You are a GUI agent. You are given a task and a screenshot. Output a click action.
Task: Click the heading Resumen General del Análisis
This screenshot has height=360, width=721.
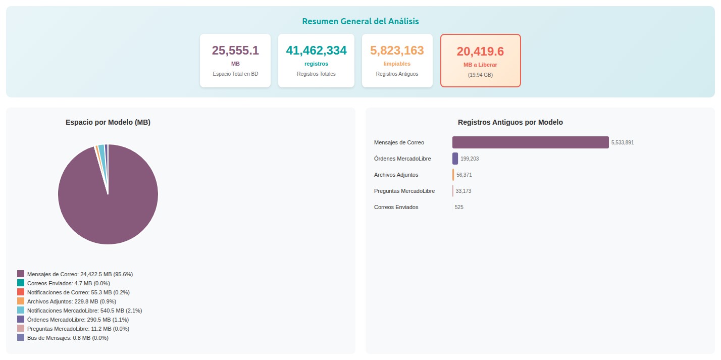(360, 21)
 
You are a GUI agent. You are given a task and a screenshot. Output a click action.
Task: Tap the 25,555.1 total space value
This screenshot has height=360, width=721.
(235, 50)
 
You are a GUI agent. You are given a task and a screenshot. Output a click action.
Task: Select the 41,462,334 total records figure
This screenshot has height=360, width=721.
(316, 50)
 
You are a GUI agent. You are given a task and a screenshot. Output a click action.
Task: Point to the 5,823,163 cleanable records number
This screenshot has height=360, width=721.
(397, 50)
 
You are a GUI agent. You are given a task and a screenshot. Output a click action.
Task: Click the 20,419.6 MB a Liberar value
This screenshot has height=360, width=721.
(480, 51)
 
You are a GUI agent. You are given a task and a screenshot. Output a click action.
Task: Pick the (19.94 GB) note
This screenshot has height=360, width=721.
(480, 75)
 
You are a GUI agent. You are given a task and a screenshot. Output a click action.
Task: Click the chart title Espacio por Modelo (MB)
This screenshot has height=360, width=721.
(108, 122)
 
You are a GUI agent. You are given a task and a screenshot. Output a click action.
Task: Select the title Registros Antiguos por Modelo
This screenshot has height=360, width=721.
(510, 122)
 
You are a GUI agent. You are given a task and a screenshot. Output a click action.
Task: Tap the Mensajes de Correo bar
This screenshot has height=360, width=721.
(531, 142)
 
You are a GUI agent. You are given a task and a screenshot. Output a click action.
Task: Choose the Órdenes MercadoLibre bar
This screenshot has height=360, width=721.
(455, 159)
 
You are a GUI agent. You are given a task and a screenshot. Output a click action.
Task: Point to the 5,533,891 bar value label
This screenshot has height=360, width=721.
(623, 142)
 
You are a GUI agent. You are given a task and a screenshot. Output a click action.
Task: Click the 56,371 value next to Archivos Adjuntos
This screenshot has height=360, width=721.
(464, 175)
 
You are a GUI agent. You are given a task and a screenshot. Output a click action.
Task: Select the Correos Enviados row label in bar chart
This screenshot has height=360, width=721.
(396, 207)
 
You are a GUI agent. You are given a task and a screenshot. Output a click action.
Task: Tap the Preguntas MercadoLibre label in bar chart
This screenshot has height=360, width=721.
(404, 191)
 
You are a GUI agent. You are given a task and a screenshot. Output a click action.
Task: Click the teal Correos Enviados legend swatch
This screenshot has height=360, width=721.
(21, 283)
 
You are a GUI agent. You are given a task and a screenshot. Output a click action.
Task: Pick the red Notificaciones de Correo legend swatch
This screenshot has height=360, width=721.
(21, 292)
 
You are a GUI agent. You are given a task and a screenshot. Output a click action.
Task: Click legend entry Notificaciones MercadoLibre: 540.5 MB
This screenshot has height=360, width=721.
(84, 311)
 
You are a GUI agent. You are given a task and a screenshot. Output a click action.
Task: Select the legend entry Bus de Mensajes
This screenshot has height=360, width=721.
(68, 338)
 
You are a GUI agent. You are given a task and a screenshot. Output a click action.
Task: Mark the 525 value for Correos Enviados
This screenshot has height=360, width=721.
(459, 207)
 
